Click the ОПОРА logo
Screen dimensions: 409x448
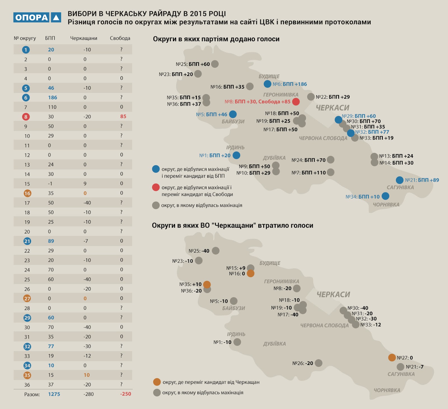pos(37,17)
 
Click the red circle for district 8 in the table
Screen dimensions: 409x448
pos(26,117)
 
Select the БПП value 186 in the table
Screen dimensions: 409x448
pos(52,98)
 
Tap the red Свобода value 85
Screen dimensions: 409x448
pos(123,116)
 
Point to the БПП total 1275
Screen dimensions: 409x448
pos(54,394)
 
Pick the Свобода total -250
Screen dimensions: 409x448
pos(125,394)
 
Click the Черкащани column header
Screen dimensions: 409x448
pos(83,38)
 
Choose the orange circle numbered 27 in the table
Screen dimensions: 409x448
pos(27,299)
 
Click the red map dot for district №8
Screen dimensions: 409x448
pos(296,102)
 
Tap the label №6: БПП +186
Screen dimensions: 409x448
pos(290,84)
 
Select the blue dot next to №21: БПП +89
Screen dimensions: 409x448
pos(400,180)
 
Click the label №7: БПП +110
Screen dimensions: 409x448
pos(309,173)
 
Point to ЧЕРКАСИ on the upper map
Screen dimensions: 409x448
pos(332,108)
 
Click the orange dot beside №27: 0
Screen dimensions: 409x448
pos(392,357)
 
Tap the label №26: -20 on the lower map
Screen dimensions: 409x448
pos(303,363)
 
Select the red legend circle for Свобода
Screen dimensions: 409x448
pos(156,187)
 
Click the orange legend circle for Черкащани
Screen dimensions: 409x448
pos(157,382)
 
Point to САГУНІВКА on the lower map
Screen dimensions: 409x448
pos(401,374)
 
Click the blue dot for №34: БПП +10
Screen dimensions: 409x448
pos(385,196)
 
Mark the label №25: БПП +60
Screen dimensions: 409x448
pos(193,64)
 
